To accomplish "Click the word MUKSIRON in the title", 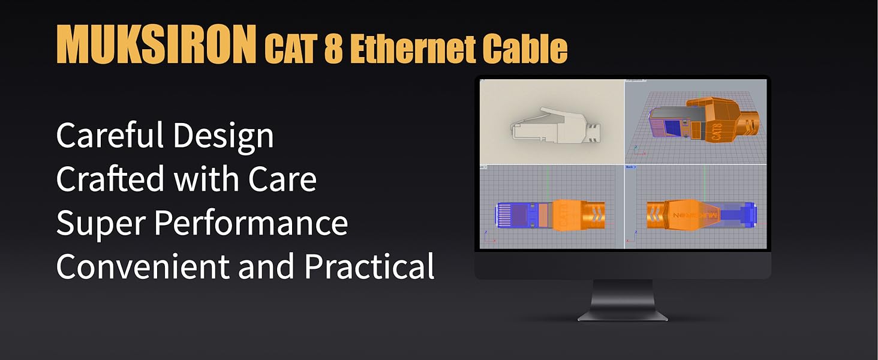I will pyautogui.click(x=156, y=45).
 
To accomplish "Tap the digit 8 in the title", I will pyautogui.click(x=333, y=50).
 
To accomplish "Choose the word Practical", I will pyautogui.click(x=369, y=266).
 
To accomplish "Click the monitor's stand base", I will pyautogui.click(x=623, y=315).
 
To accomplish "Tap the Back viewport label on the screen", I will pyautogui.click(x=630, y=167).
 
